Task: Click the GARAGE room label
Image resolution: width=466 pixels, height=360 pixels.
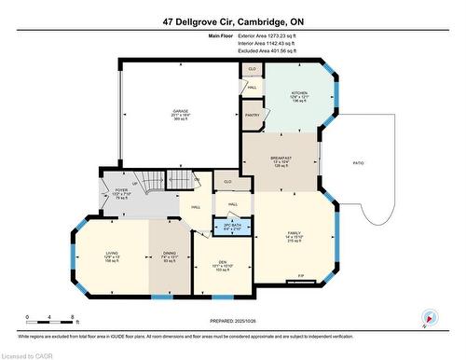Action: [x=180, y=111]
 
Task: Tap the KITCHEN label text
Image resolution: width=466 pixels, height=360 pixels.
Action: [x=298, y=93]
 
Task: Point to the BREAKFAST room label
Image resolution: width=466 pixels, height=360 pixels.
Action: [x=281, y=159]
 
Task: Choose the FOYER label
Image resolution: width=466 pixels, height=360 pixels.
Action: [x=120, y=189]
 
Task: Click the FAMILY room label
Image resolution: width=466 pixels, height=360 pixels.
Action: [x=294, y=233]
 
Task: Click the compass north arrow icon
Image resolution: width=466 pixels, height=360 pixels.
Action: [x=428, y=317]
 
